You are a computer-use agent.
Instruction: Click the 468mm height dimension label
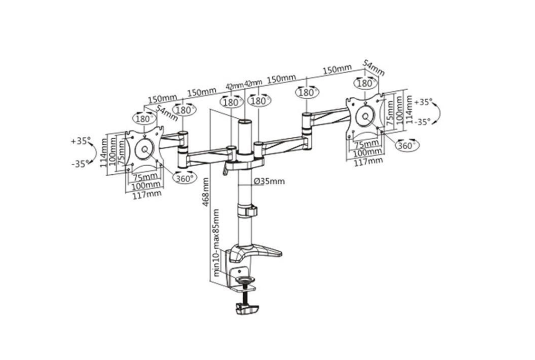pyautogui.click(x=205, y=191)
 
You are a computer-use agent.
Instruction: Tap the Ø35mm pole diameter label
pyautogui.click(x=269, y=181)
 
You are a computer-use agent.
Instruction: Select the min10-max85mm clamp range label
pyautogui.click(x=216, y=243)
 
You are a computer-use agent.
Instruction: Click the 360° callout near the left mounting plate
pyautogui.click(x=185, y=178)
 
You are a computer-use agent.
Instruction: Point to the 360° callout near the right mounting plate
pyautogui.click(x=407, y=145)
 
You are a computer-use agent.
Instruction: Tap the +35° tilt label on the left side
pyautogui.click(x=81, y=141)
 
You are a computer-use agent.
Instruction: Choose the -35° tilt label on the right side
pyautogui.click(x=422, y=122)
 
